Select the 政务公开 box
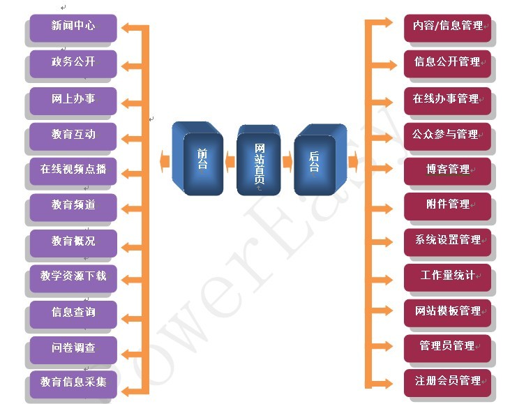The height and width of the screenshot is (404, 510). pyautogui.click(x=73, y=63)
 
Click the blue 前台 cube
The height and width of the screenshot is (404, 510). pyautogui.click(x=197, y=158)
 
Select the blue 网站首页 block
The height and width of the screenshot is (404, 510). pyautogui.click(x=259, y=160)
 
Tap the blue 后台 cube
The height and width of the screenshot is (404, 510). pyautogui.click(x=320, y=159)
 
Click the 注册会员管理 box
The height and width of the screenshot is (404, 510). pyautogui.click(x=447, y=383)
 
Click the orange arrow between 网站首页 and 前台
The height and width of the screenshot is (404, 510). pyautogui.click(x=230, y=161)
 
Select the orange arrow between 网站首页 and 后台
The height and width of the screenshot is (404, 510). pyautogui.click(x=287, y=161)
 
